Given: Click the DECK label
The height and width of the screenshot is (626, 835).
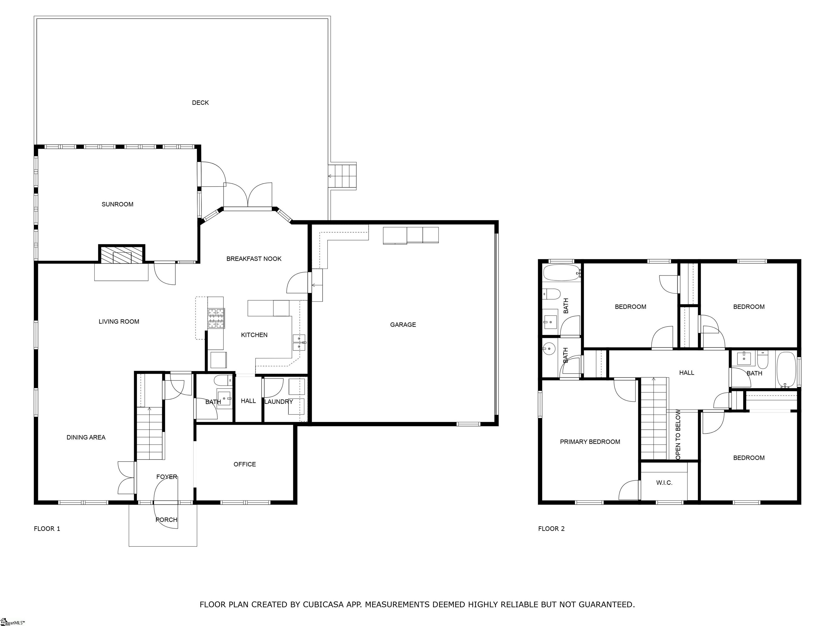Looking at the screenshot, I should [200, 103].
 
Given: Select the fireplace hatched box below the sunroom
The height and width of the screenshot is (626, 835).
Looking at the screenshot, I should [121, 255].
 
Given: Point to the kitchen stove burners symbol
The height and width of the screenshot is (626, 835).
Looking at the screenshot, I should [216, 318].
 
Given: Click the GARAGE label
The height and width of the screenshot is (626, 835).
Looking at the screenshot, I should [403, 324].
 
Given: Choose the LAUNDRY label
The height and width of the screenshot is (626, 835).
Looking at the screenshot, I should [279, 402].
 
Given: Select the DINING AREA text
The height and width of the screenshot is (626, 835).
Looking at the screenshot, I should [86, 437].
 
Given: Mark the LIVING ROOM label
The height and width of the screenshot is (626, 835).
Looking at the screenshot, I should [119, 321].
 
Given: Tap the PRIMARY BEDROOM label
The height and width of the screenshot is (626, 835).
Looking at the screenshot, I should [590, 442].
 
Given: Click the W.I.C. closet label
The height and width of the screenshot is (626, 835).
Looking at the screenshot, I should [664, 483].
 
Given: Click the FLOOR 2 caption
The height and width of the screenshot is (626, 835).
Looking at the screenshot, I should [551, 529].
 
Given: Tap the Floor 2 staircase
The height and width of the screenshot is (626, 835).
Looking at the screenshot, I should [653, 419].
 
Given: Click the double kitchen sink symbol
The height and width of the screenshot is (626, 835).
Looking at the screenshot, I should [299, 343].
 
